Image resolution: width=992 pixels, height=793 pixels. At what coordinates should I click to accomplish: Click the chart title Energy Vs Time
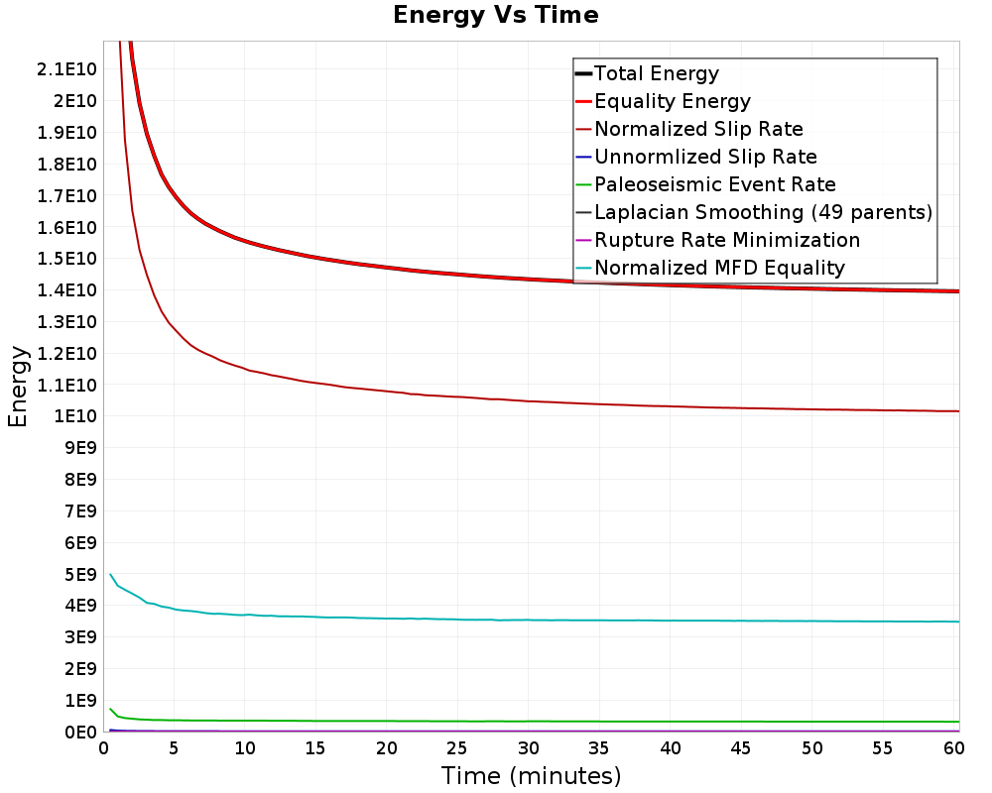point(495,15)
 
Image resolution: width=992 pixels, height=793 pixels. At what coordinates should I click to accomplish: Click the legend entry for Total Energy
point(656,73)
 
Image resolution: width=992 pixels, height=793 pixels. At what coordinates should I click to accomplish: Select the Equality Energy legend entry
point(672,101)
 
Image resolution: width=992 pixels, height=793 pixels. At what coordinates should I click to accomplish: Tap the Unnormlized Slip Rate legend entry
point(705,157)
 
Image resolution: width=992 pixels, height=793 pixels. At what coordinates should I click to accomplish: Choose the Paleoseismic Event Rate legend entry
point(714,184)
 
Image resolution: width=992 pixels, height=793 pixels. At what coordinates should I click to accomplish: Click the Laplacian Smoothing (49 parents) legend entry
point(763,212)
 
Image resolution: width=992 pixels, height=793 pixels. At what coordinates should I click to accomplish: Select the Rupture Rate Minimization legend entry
point(727,240)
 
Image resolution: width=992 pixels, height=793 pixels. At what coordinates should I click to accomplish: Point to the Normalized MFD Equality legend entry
point(719,268)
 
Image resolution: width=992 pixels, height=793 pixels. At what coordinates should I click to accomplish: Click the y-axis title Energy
point(18,387)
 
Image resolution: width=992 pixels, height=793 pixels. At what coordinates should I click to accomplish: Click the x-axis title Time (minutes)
point(531,775)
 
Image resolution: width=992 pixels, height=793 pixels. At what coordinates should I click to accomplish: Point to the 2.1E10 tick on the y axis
point(66,68)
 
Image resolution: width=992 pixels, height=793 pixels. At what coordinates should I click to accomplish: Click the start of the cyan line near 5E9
point(111,575)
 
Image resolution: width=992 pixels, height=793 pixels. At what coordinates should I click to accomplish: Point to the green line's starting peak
point(111,710)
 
